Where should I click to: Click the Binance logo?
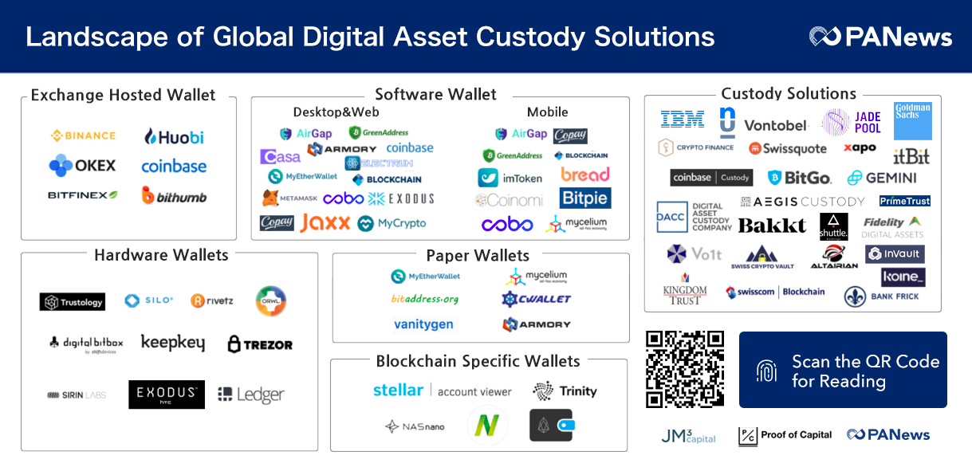(x=84, y=135)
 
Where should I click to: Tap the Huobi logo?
(x=174, y=136)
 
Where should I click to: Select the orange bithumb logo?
(x=174, y=195)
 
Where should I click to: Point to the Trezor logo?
(x=260, y=344)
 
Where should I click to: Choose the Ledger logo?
(x=250, y=395)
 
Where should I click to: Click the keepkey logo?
(x=172, y=343)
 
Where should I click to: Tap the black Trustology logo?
(x=73, y=302)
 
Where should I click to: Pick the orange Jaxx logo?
(x=325, y=223)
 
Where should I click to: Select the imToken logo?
(x=510, y=178)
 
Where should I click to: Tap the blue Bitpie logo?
(x=584, y=198)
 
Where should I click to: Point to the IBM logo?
(x=683, y=120)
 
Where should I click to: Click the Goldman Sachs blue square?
(x=912, y=120)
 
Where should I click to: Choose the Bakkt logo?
(x=772, y=226)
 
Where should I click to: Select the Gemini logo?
(x=882, y=178)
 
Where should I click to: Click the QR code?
(x=685, y=369)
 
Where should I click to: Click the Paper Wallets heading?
(x=478, y=256)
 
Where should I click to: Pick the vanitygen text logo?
(x=423, y=324)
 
